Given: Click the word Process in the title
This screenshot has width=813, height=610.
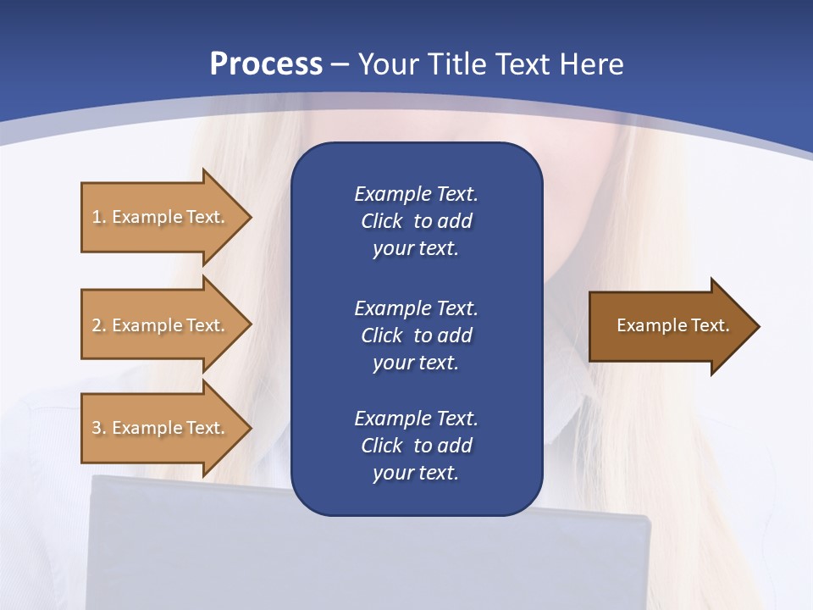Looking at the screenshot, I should point(266,64).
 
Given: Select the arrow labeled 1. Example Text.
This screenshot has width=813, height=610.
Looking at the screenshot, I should point(158,217).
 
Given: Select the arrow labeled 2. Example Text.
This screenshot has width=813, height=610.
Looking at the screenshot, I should point(158,325).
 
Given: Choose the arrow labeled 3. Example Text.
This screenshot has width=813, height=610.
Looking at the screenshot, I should point(158,428).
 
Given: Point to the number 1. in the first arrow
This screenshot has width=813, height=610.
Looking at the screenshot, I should point(98,217).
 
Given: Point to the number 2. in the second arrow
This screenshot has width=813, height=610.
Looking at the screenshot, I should point(98,325).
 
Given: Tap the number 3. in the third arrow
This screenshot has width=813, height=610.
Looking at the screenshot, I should point(98,428).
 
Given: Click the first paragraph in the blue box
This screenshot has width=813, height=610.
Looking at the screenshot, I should point(416,221).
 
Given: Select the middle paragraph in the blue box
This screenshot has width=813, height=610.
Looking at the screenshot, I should point(416,335).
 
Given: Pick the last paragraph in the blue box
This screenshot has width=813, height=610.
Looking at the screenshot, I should point(416,446).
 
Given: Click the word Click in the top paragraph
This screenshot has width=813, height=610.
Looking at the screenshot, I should point(381,221).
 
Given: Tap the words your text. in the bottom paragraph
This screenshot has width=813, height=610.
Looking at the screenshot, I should point(416,473).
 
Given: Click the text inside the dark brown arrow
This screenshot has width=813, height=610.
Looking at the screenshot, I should point(672,325).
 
